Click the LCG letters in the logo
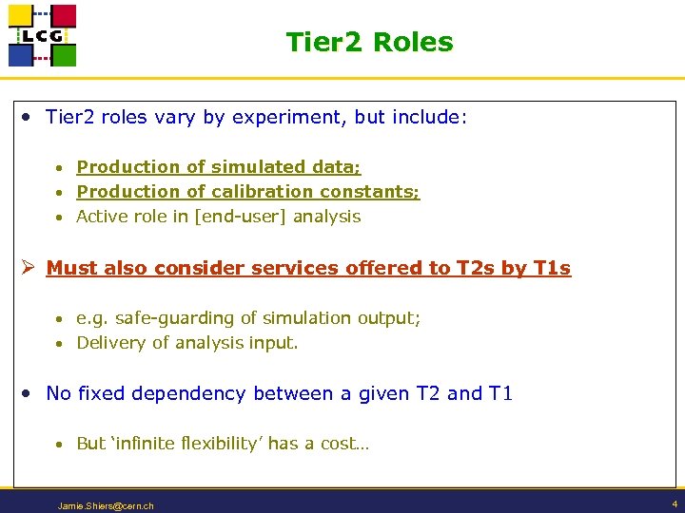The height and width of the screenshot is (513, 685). coord(42,36)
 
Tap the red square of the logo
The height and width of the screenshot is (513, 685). coord(64,16)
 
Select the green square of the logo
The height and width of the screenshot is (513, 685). coord(64,55)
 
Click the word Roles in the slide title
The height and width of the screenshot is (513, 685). coord(413,43)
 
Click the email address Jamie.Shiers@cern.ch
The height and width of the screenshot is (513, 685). coord(106,505)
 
